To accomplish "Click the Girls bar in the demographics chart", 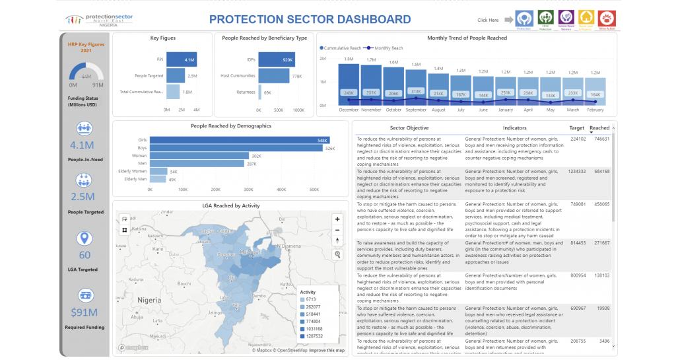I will coord(248,140).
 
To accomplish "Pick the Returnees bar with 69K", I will coord(260,92).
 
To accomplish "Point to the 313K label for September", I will coord(416,91).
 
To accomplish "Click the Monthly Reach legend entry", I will coord(389,48).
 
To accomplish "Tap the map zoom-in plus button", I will coord(337,219).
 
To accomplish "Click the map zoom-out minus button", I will coord(337,230).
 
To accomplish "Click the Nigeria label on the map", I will coord(149,300).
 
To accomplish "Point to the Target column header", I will coord(576,127).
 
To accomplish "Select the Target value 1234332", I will coord(576,171).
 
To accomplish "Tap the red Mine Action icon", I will coord(607,20).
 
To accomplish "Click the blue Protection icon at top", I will coord(524,20).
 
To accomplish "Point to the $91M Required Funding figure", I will coord(84,312).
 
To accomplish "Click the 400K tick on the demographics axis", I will coord(281,189).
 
